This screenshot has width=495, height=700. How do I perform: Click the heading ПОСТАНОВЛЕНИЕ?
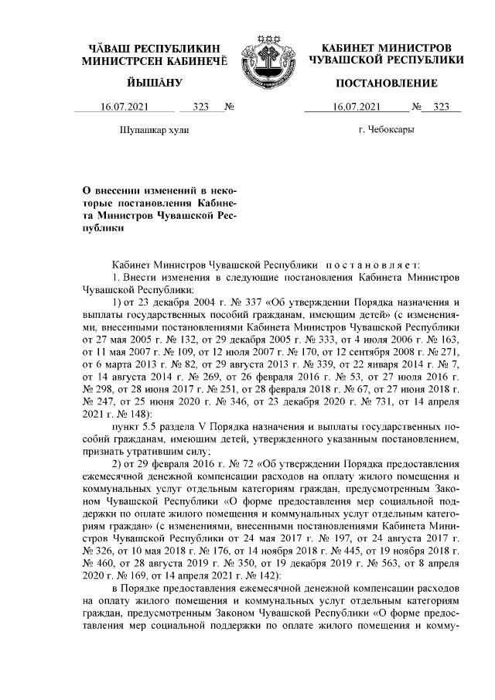pyautogui.click(x=386, y=83)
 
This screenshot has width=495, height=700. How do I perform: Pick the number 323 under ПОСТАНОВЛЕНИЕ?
pyautogui.click(x=442, y=108)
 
